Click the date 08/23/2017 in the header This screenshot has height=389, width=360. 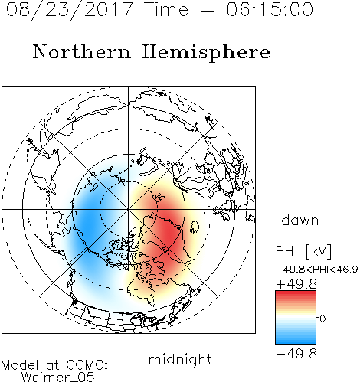[69, 10]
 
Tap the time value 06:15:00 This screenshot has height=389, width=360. [270, 9]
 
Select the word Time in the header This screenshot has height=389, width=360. [166, 9]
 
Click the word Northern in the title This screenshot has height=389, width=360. [82, 51]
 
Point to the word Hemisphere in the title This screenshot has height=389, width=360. [206, 52]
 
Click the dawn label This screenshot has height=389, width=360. [300, 220]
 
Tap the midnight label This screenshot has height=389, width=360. [180, 359]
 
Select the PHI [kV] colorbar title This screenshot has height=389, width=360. [303, 251]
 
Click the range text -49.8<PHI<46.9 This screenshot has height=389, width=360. [317, 270]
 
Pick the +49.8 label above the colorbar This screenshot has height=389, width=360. [296, 284]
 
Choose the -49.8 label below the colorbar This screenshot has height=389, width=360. [296, 354]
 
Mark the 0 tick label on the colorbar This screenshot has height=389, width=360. [322, 319]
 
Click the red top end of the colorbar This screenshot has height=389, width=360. [296, 293]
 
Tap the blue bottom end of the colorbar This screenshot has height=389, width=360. [296, 342]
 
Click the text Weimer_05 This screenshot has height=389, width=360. [57, 377]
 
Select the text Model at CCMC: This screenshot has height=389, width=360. [54, 365]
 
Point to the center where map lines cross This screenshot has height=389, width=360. [129, 210]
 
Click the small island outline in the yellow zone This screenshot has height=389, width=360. [195, 227]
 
